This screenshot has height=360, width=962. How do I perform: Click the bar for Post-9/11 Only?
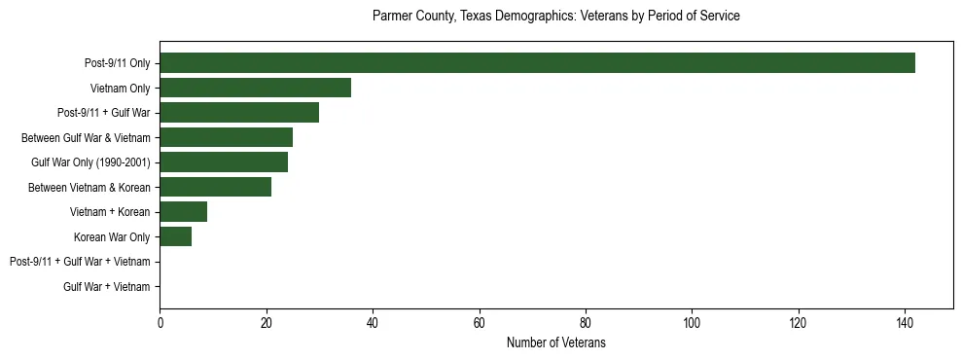537,63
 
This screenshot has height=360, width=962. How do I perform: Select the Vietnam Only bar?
255,88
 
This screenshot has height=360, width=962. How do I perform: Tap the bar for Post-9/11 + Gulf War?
239,113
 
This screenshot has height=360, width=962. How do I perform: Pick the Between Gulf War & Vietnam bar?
226,137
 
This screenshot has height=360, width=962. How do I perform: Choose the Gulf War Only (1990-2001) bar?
224,162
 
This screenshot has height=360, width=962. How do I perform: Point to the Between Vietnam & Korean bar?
215,187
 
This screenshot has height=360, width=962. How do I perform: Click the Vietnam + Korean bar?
183,212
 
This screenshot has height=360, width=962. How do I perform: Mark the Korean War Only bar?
175,236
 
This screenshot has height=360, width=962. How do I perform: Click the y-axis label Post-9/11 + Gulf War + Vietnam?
80,262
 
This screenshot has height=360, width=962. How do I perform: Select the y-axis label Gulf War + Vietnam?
107,287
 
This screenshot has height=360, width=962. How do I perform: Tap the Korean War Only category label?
112,237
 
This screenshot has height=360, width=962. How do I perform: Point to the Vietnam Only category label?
120,89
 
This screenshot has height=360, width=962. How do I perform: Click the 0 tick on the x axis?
160,324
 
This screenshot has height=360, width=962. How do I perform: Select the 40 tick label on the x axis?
373,324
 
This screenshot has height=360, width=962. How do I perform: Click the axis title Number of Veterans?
555,342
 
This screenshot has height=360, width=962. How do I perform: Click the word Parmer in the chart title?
391,17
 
